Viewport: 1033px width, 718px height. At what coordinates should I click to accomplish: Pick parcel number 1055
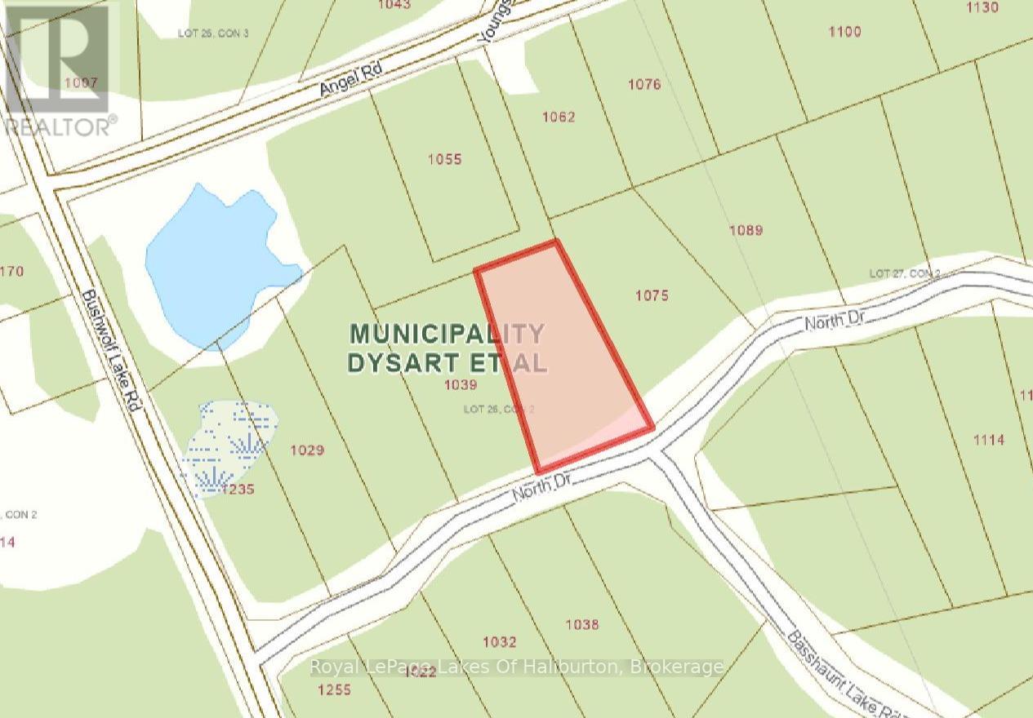pos(444,159)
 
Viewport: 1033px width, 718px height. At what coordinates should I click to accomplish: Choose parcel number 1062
pos(559,117)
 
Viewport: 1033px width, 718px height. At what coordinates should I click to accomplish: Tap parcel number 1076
pos(643,84)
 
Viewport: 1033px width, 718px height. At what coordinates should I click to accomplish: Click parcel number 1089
pos(746,230)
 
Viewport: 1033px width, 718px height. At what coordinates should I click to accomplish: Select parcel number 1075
pos(651,295)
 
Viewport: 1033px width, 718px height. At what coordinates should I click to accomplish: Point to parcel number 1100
pos(844,32)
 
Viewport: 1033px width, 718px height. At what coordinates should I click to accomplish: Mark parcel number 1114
pos(988,440)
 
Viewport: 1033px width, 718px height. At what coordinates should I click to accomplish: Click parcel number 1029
pos(307,450)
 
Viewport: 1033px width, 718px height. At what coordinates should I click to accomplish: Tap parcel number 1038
pos(581,625)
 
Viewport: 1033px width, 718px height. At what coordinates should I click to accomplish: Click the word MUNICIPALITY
pos(447,334)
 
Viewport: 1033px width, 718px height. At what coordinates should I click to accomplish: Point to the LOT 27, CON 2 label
pos(905,273)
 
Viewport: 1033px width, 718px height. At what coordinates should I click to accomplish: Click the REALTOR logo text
pos(60,126)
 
